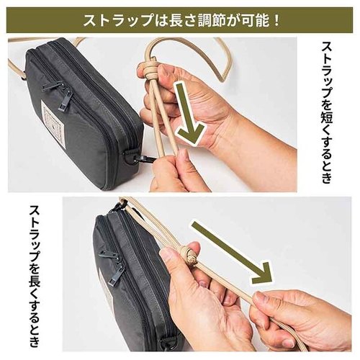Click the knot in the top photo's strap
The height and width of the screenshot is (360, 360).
pos(149,67)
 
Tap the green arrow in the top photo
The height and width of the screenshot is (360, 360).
pos(188,114)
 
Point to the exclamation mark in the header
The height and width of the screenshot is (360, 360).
pos(276,21)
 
